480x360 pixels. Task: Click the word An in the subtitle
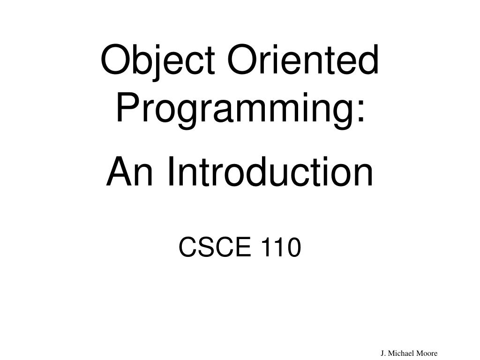tap(125, 172)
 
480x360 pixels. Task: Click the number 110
tap(279, 247)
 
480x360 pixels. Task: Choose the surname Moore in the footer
tap(427, 353)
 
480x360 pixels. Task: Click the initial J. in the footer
tap(383, 353)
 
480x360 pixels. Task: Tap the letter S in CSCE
tap(204, 247)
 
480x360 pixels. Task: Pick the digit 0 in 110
tap(292, 247)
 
